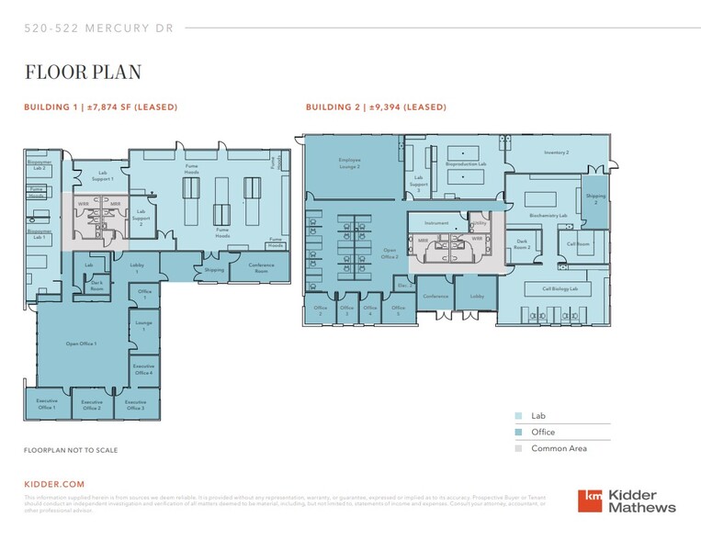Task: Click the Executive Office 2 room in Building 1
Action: pos(92,404)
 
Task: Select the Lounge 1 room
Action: pos(143,326)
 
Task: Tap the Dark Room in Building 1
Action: pos(96,285)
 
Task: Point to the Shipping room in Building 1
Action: pos(214,270)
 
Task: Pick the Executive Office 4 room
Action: pos(143,369)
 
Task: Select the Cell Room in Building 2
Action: pos(578,244)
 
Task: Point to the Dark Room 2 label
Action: pos(522,246)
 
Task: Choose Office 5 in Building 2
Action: pos(398,309)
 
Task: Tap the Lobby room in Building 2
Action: pos(477,297)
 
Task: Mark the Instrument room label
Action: pos(436,223)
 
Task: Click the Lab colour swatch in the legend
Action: pos(520,415)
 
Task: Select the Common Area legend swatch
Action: pos(520,448)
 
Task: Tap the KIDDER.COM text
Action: pos(53,483)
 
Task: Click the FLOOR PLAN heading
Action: pos(83,72)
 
